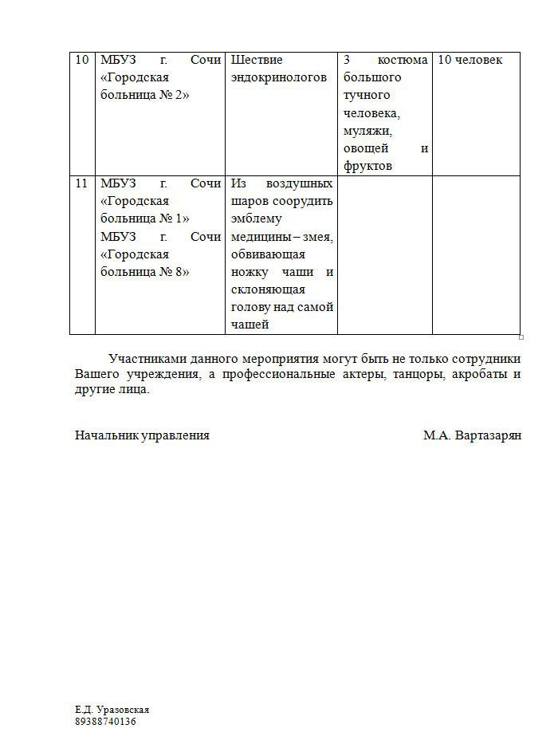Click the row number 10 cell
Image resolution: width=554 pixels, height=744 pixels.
coord(81,60)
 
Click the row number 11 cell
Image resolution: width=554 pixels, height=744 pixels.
coord(81,183)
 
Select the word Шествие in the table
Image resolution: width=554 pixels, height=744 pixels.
coord(257,60)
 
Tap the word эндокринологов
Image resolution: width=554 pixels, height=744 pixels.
coord(279,77)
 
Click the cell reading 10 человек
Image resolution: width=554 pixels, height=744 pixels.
coord(470,60)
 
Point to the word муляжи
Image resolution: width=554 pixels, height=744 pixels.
coord(367,131)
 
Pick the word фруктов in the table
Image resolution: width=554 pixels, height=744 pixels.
coord(367,166)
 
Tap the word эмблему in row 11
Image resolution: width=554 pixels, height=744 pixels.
coord(257,218)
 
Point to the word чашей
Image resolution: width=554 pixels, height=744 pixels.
coord(249,325)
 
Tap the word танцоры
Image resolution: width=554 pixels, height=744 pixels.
coord(422,374)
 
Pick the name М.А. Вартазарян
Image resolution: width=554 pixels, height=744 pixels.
coord(472,435)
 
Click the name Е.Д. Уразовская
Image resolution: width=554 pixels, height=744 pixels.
coord(112,710)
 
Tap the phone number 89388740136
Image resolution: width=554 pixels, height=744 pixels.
coord(106,722)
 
